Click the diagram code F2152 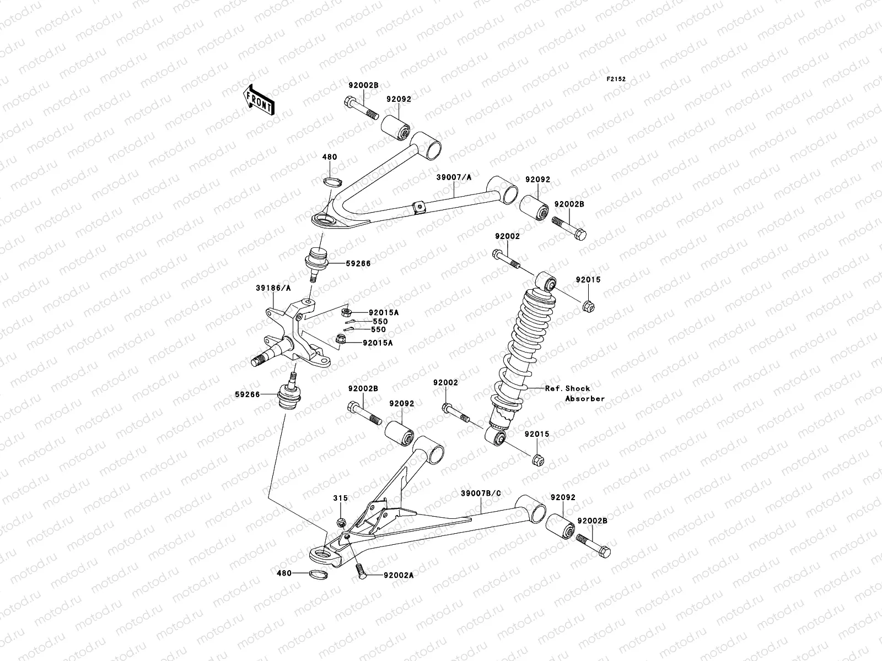coord(616,79)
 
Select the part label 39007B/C coord(481,493)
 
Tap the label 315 coord(340,498)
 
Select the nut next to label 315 coord(341,522)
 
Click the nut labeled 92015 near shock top coord(588,304)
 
